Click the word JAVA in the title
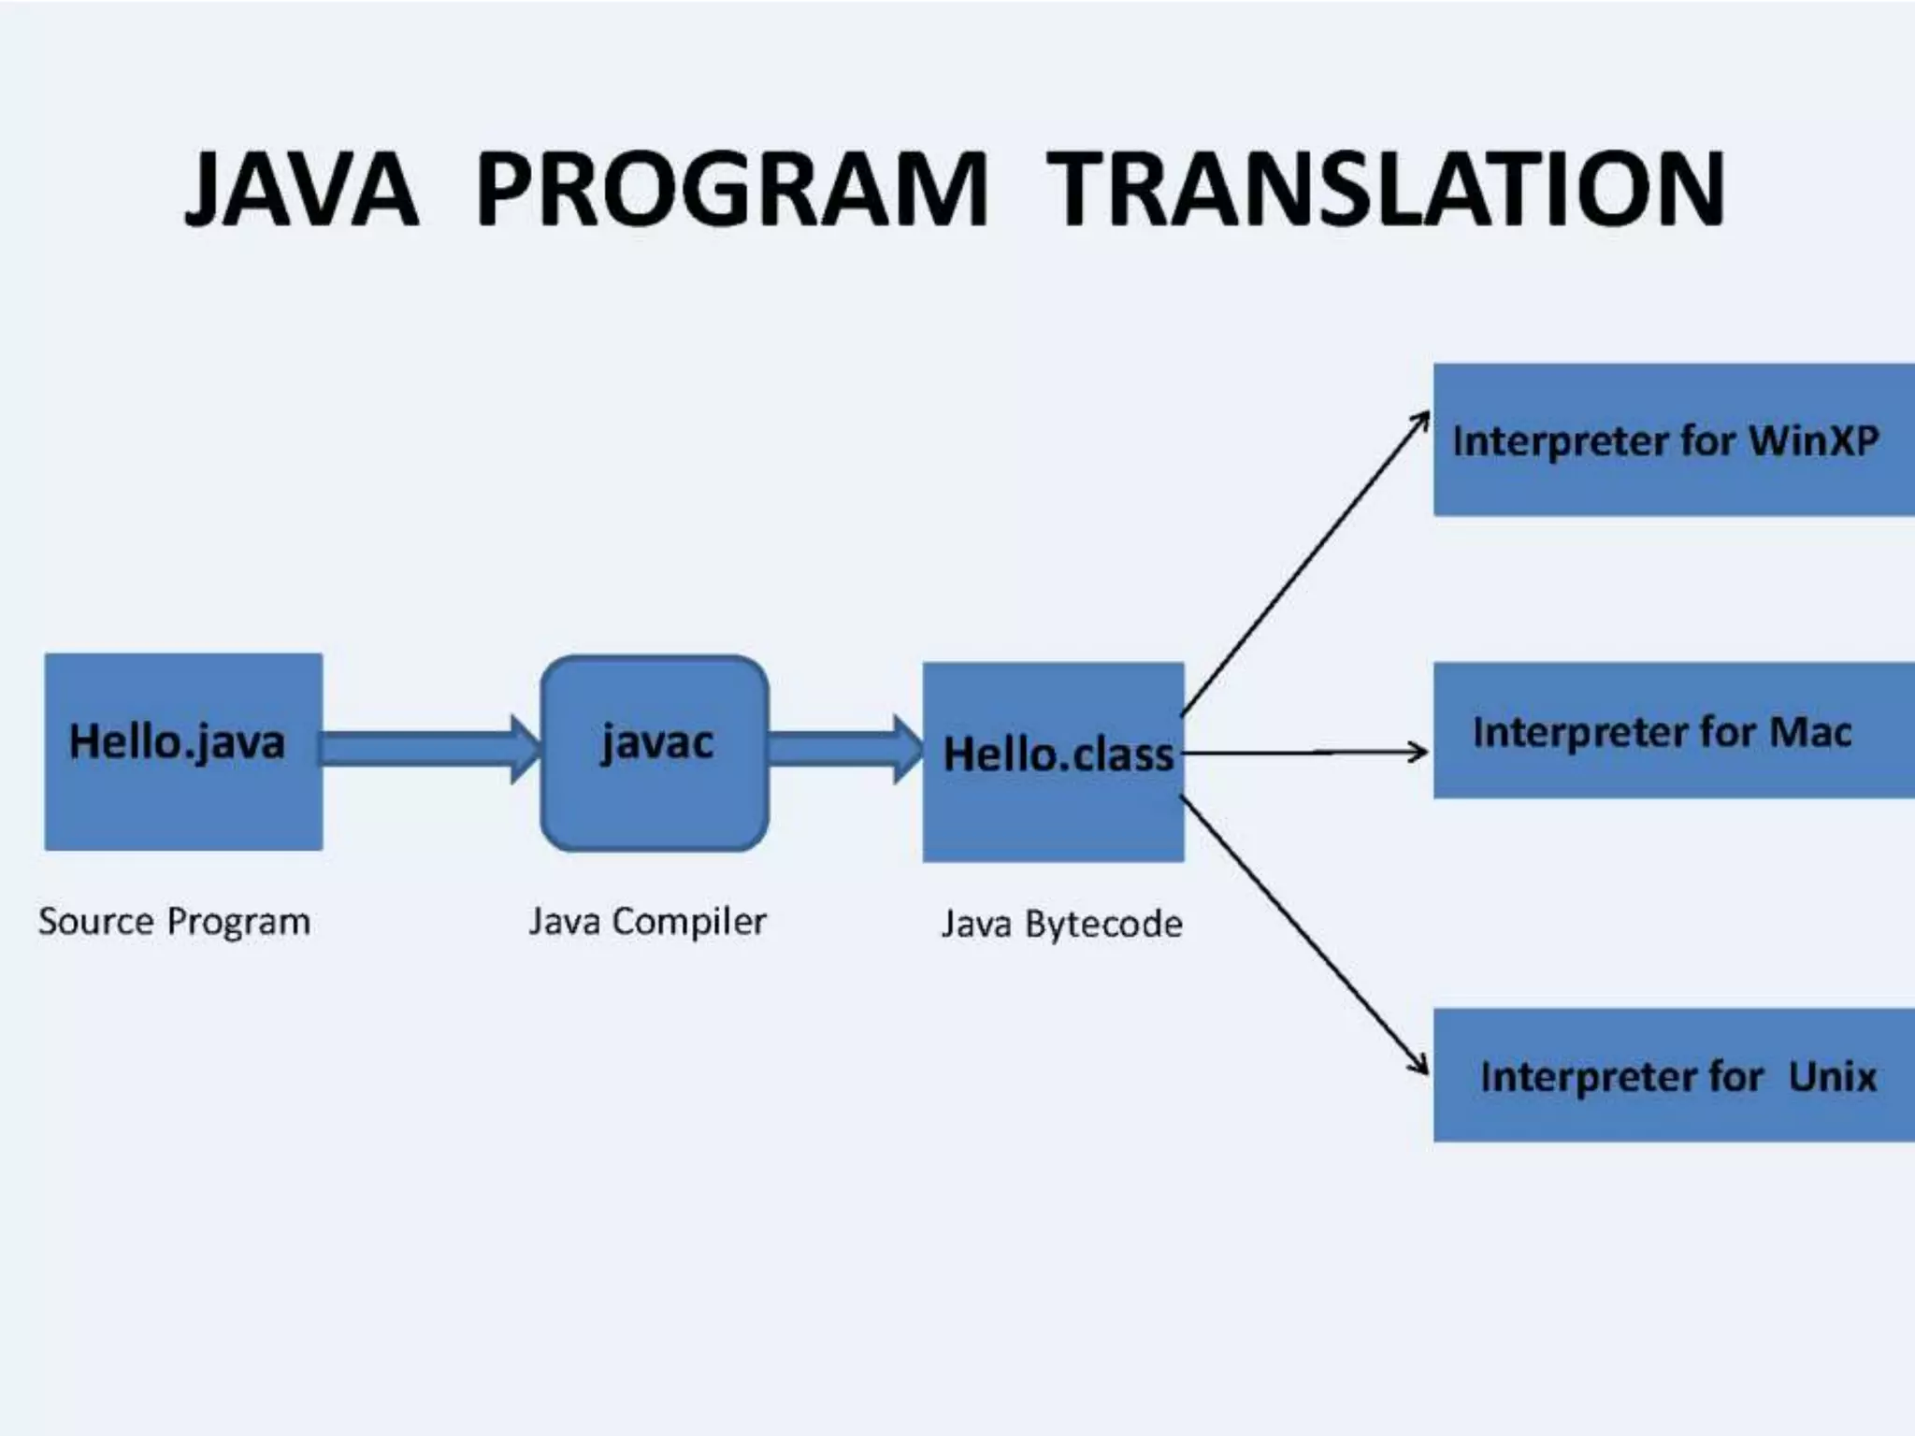tap(301, 190)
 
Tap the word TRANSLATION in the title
tap(1385, 190)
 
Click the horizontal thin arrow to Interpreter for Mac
tap(1304, 752)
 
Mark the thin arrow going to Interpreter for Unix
tap(1305, 936)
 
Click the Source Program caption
tap(174, 922)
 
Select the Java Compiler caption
tap(647, 922)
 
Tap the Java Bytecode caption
tap(1061, 924)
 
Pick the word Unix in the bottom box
tap(1832, 1076)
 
